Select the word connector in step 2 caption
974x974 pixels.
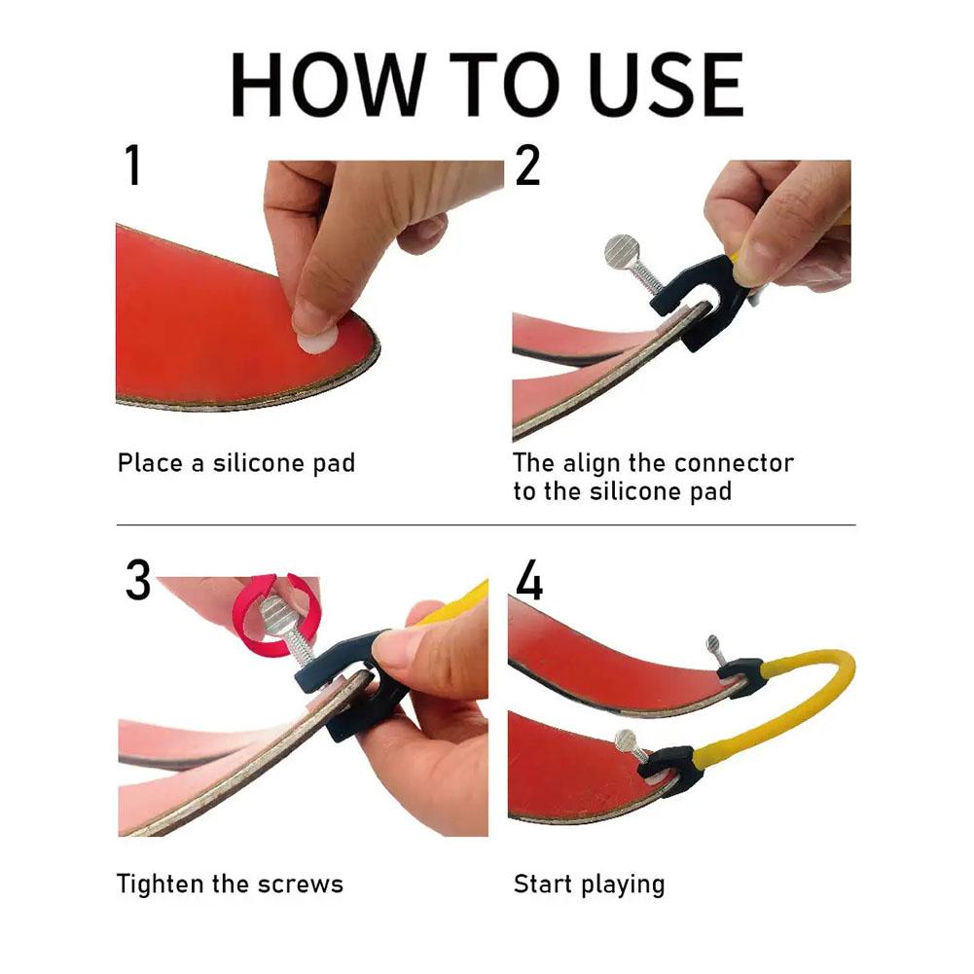(735, 462)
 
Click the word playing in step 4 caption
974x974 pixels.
(623, 884)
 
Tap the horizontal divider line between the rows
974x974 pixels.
(487, 525)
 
